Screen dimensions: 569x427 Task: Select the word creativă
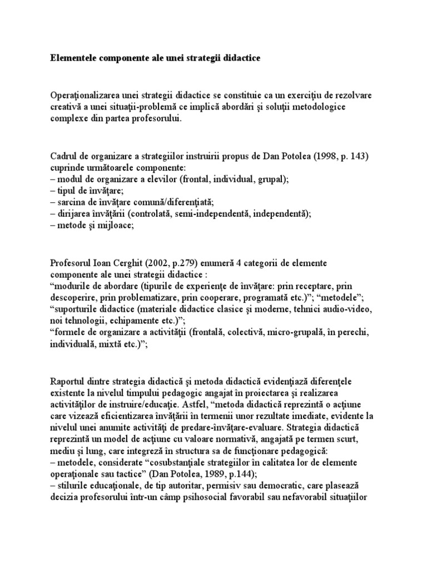66,107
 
